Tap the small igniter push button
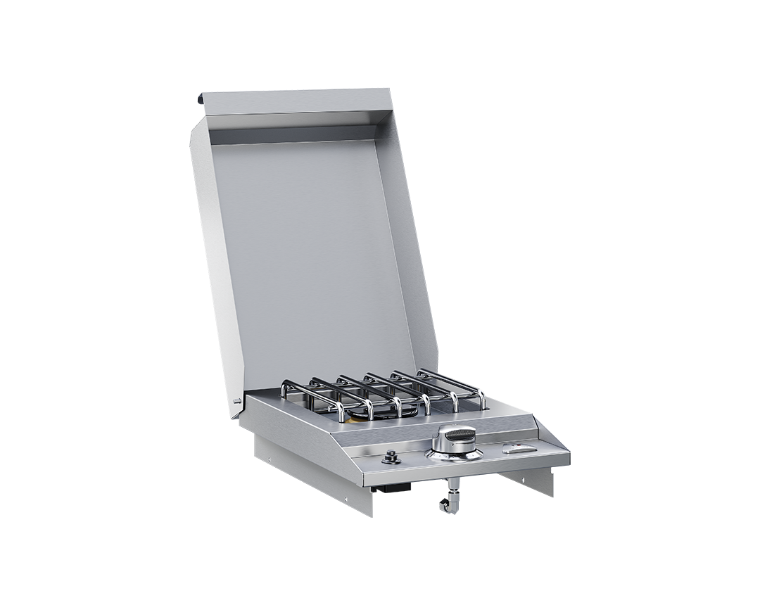click(390, 458)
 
